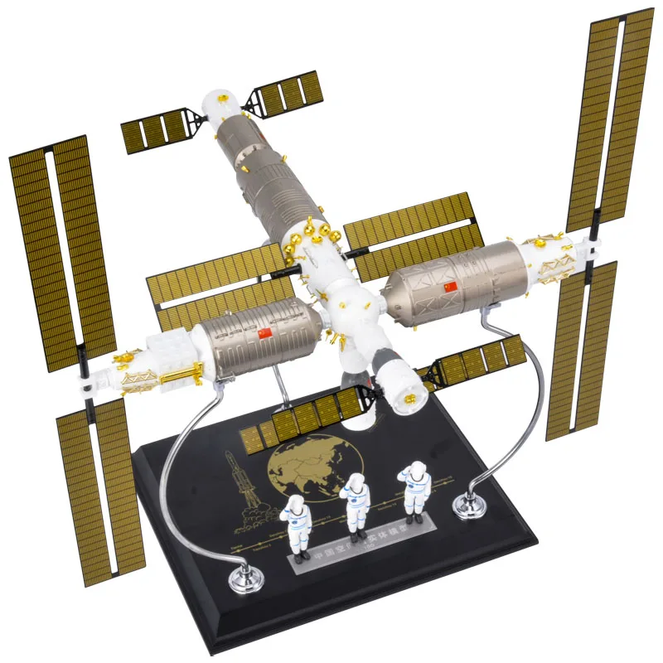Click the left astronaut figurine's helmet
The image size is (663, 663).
pos(296,503)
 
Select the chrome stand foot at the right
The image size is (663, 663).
pos(469,501)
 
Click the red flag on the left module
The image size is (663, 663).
pos(265,332)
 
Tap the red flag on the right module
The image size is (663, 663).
pos(451,287)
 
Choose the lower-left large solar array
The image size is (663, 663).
pos(99,489)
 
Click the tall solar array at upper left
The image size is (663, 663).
pos(62,249)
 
